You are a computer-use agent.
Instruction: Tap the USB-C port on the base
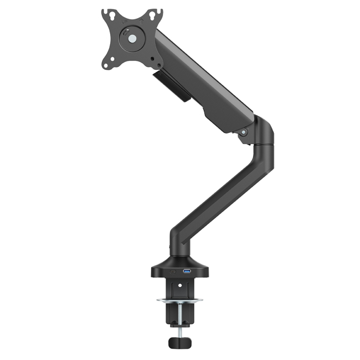pyautogui.click(x=173, y=272)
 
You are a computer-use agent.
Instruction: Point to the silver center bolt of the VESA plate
pyautogui.click(x=132, y=39)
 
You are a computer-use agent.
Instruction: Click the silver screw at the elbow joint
pyautogui.click(x=243, y=132)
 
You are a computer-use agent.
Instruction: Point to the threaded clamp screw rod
pyautogui.click(x=180, y=318)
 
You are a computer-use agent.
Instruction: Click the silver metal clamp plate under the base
pyautogui.click(x=180, y=301)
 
